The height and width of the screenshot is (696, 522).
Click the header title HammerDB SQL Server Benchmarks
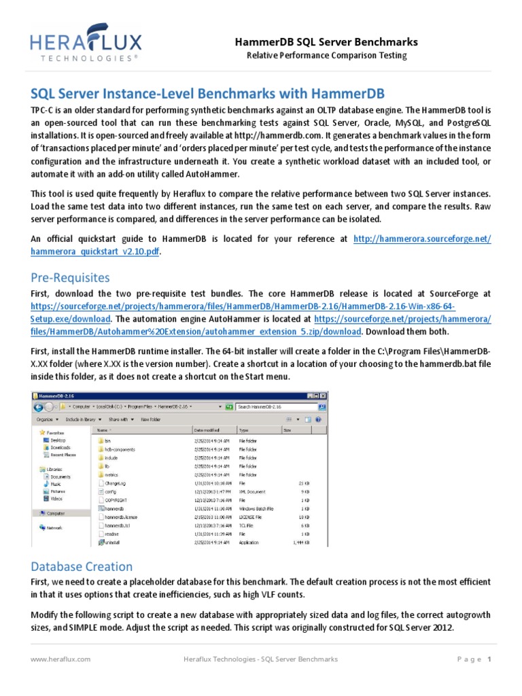[326, 42]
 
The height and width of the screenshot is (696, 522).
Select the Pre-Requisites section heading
[70, 277]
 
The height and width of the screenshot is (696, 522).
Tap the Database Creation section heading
[82, 566]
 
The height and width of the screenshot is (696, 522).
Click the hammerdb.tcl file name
[116, 525]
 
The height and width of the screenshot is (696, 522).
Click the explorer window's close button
[322, 395]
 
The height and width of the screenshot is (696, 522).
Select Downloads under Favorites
[60, 447]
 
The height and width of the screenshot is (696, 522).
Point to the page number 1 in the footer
[489, 659]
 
